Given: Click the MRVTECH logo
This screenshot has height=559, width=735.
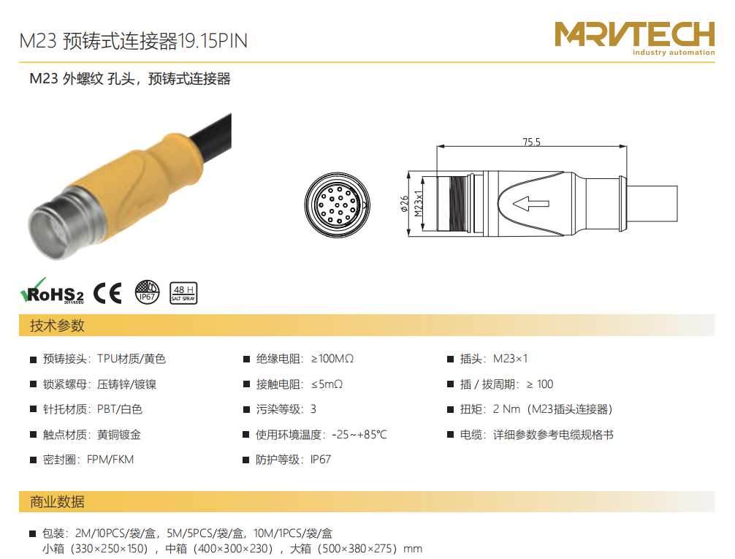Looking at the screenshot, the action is pos(635,38).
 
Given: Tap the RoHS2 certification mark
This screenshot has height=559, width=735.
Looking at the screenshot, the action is pos(52,292).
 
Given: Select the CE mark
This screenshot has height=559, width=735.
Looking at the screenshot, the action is pos(107,294).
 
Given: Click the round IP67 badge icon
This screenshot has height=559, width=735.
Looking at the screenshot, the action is pos(147,292).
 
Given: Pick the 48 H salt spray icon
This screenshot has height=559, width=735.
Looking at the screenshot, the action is pos(183,293).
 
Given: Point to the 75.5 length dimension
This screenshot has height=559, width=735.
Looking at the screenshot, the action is pos(532,142).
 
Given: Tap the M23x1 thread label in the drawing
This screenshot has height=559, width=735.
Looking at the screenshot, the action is pos(419,204).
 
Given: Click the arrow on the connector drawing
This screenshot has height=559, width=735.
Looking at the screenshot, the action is pos(530,204).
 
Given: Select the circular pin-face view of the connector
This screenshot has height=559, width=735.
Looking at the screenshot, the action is pos(337,205).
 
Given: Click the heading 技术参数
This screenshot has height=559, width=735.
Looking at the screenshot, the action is pos(57,325).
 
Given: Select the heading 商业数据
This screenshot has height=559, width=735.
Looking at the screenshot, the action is pos(57,502).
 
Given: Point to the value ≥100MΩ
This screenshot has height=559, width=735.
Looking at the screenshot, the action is pos(332,359).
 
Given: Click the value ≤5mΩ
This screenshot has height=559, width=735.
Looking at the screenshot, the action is pos(327,384).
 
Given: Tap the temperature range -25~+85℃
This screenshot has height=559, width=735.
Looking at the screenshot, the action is pos(359,435).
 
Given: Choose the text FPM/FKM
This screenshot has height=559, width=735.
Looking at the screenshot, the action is pos(110,460).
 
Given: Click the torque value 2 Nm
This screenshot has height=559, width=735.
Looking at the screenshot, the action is pos(506,409).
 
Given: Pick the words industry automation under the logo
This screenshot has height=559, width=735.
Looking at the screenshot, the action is pos(674,52).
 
